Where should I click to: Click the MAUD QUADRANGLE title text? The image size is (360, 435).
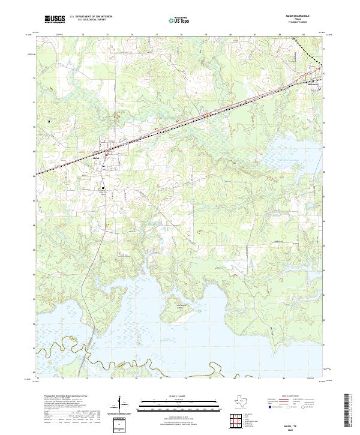coord(302,16)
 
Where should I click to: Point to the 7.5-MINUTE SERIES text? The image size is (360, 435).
coord(302,23)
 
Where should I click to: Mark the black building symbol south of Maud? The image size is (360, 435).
coord(103,188)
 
